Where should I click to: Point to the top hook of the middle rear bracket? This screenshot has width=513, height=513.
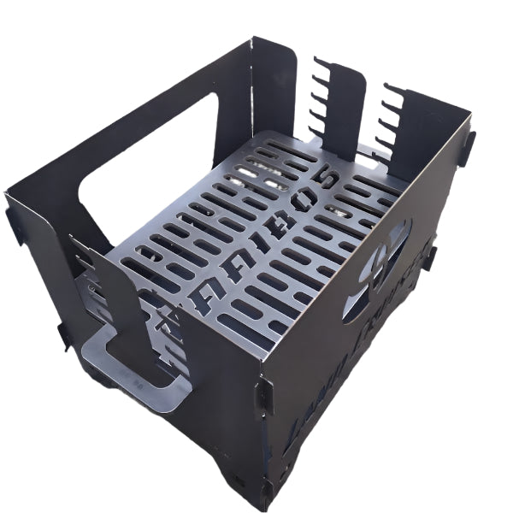tap(320, 62)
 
